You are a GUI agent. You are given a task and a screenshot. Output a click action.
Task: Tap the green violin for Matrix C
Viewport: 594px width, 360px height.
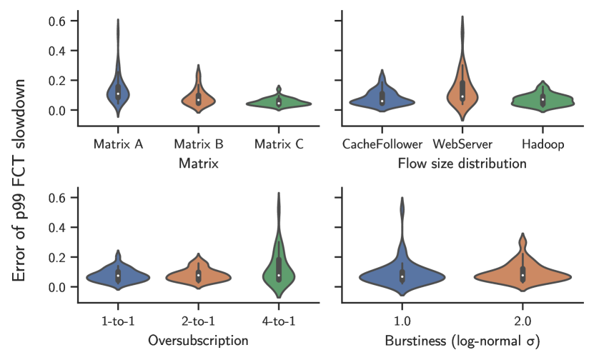pos(279,103)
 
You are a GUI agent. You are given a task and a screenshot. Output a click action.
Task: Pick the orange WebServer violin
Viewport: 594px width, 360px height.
pos(462,93)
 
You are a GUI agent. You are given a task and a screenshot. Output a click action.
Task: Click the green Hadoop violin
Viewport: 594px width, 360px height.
pos(543,100)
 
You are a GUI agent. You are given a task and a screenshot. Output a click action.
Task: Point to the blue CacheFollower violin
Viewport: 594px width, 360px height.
pos(382,100)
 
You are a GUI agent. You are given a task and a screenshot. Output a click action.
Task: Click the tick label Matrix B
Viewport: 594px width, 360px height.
pos(199,144)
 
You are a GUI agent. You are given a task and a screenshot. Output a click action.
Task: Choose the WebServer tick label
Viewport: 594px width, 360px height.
pos(462,144)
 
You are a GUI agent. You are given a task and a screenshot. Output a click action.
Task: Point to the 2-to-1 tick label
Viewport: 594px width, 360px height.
pos(199,321)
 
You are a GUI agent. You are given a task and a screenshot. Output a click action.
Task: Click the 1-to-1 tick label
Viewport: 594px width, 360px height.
pos(118,321)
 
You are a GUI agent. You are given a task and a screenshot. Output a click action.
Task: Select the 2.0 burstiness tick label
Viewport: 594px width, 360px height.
pos(523,321)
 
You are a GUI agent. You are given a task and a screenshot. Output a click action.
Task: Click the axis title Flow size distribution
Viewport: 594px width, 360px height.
pos(462,164)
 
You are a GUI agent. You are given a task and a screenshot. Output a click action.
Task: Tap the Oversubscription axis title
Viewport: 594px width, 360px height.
pos(198,341)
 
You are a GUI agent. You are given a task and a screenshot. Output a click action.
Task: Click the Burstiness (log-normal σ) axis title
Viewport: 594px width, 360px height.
pos(462,341)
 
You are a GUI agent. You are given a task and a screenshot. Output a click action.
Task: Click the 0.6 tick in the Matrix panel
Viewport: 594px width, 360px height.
pos(59,21)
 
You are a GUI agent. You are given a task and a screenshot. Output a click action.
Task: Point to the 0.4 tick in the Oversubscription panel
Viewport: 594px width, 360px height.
pos(59,227)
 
